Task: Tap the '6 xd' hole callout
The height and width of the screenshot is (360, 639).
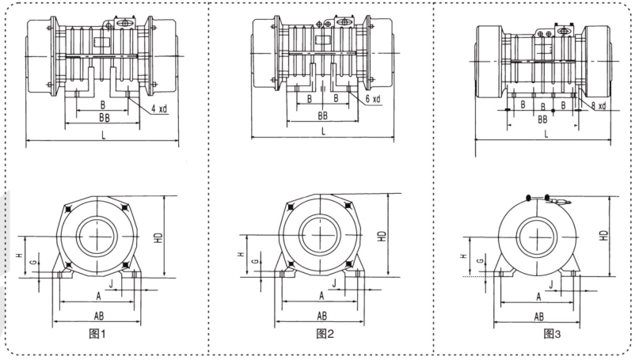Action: point(374,99)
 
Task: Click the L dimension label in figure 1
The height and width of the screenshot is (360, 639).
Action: point(103,136)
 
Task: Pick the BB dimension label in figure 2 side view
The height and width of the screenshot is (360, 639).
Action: point(323,115)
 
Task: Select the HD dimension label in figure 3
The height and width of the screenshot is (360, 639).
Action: point(604,235)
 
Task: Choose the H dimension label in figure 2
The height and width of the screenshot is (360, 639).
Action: point(241,255)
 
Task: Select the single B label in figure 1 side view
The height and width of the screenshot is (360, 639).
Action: point(103,104)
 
